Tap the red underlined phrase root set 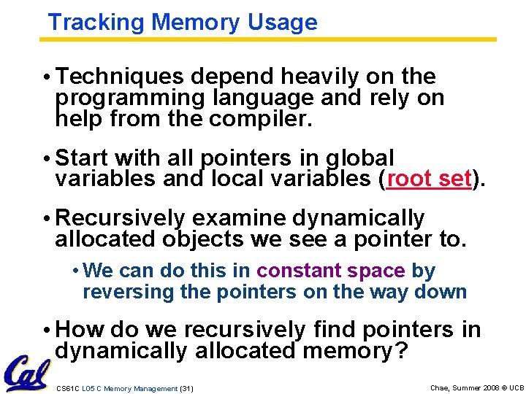click(429, 179)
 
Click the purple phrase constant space click(331, 271)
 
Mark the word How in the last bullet click(77, 330)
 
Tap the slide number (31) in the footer click(186, 389)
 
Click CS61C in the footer click(69, 389)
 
